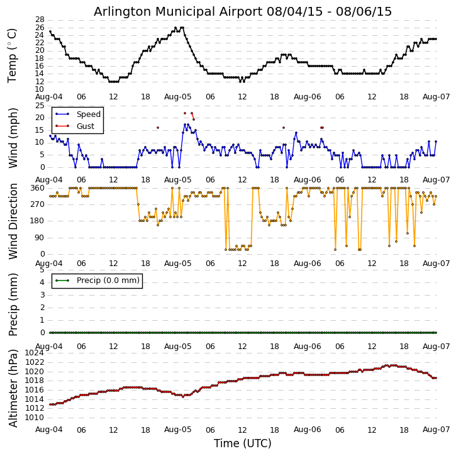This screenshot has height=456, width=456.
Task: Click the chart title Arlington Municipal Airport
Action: [x=243, y=11]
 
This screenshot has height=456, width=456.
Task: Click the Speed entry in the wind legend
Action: [x=88, y=114]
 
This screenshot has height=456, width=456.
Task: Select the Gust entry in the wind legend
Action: [x=85, y=126]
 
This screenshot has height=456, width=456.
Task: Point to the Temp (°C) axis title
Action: [x=13, y=55]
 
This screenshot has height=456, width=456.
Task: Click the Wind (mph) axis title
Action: [x=13, y=136]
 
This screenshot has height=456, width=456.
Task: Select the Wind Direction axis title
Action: [x=13, y=221]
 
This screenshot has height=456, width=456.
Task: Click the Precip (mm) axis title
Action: [x=13, y=304]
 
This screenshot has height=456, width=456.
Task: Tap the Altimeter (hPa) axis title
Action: [x=13, y=387]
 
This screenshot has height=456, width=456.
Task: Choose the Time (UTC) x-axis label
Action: [x=243, y=443]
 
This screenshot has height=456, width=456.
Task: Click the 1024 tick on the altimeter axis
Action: [x=35, y=353]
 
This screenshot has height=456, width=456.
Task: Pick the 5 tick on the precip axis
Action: [x=42, y=270]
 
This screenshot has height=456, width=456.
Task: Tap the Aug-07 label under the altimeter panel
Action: [x=437, y=430]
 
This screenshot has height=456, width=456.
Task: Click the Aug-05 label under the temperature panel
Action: [x=178, y=97]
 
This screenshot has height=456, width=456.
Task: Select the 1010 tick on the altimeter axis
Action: [x=35, y=418]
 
